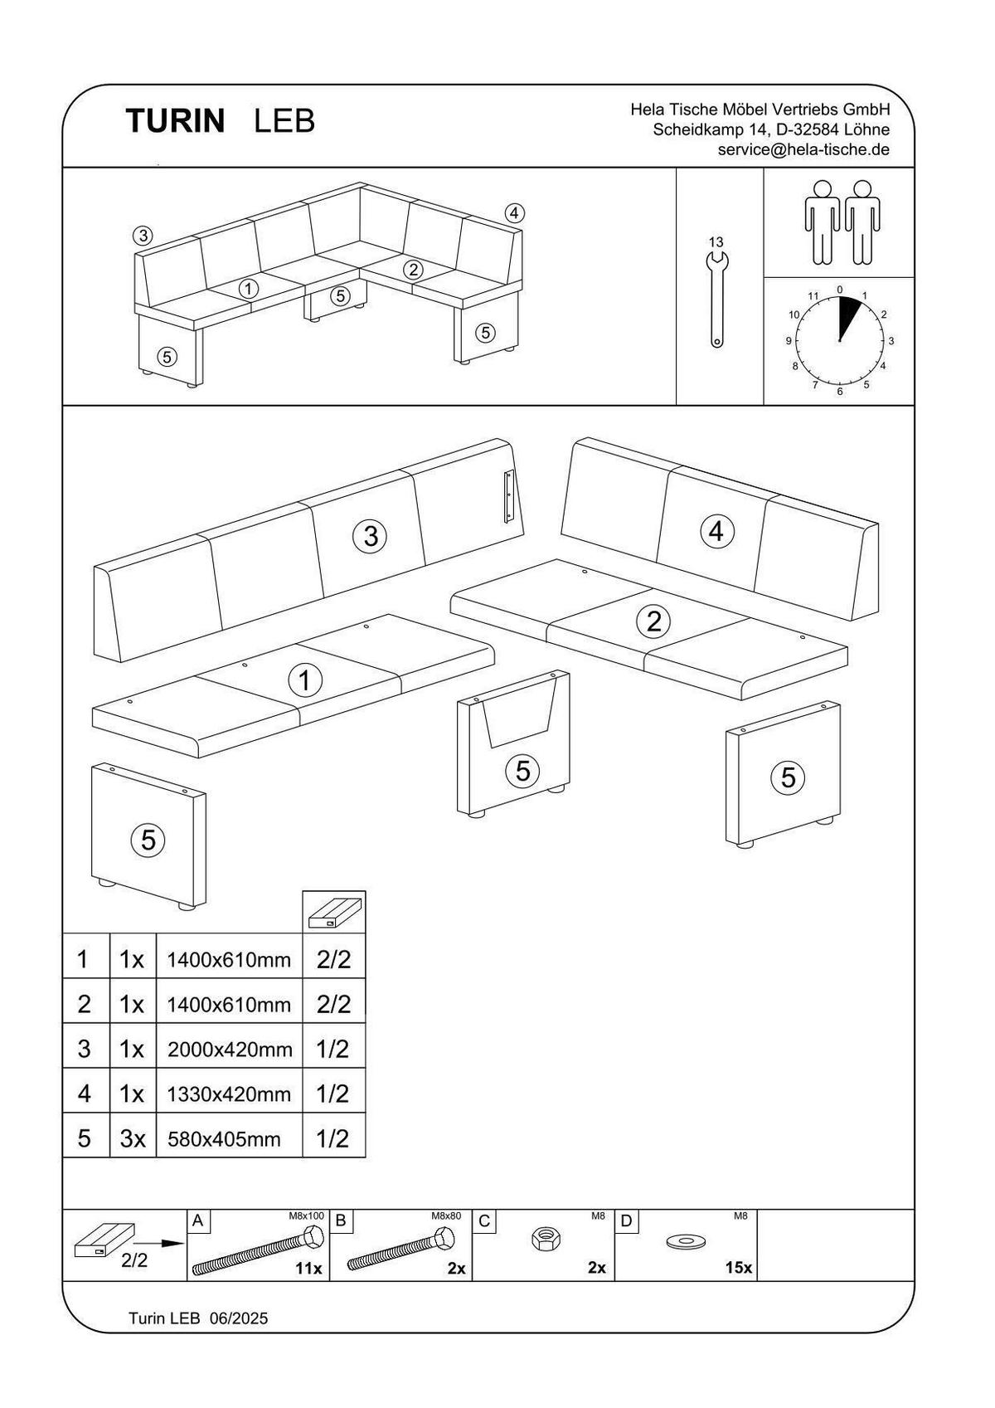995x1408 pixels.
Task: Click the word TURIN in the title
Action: (x=175, y=121)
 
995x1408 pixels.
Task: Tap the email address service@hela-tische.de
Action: (x=803, y=150)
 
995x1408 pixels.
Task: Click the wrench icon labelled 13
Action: (x=716, y=300)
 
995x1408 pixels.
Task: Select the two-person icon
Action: (x=841, y=222)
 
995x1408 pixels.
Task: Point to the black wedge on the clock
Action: (x=848, y=314)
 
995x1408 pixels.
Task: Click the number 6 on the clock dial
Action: (x=839, y=391)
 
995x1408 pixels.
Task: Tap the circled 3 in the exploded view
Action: (x=371, y=537)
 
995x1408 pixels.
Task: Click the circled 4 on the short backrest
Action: (x=717, y=531)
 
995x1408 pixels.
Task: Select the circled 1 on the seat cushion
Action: (x=304, y=681)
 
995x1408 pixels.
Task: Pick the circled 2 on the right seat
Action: (x=653, y=621)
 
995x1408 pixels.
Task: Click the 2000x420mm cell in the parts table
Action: (x=230, y=1050)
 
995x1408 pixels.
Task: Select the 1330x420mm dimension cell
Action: (x=230, y=1094)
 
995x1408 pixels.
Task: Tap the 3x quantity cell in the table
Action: (x=133, y=1139)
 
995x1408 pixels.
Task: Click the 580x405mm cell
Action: (x=224, y=1139)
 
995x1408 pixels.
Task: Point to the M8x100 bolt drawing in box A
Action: (x=258, y=1252)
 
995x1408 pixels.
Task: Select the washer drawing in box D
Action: (x=684, y=1242)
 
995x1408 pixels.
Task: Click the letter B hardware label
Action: (x=340, y=1220)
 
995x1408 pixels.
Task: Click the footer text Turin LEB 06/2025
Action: (x=198, y=1318)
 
